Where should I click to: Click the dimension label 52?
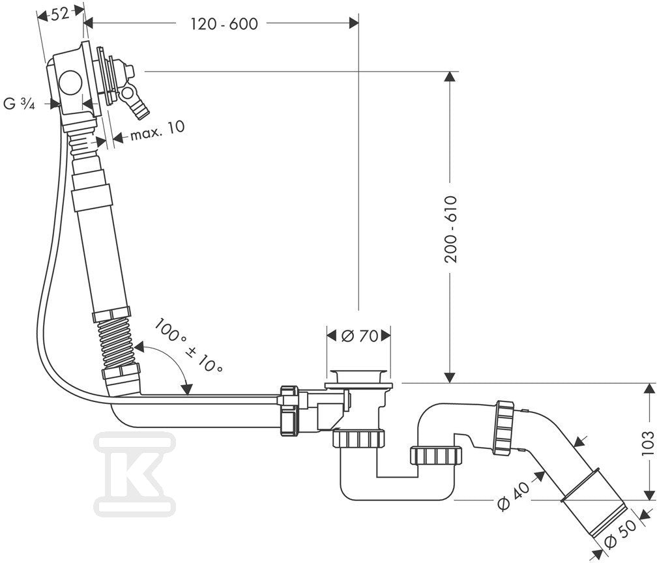[59, 14]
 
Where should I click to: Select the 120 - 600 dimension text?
[224, 24]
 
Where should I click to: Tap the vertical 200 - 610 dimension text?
[450, 229]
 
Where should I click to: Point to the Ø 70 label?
[360, 336]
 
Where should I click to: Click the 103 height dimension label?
[648, 443]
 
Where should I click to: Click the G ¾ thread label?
[19, 104]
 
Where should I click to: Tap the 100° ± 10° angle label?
[188, 345]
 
